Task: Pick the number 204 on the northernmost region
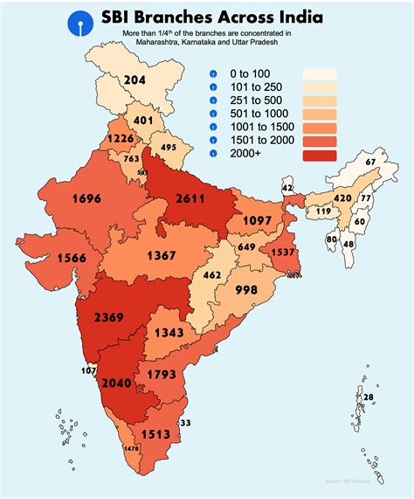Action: (x=135, y=80)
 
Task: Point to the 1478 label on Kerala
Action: (x=132, y=448)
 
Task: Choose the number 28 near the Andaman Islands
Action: (x=369, y=398)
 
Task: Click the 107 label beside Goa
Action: (x=88, y=370)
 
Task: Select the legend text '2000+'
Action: (x=245, y=154)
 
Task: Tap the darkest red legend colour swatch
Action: (x=320, y=155)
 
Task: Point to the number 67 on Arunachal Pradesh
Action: (x=370, y=163)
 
